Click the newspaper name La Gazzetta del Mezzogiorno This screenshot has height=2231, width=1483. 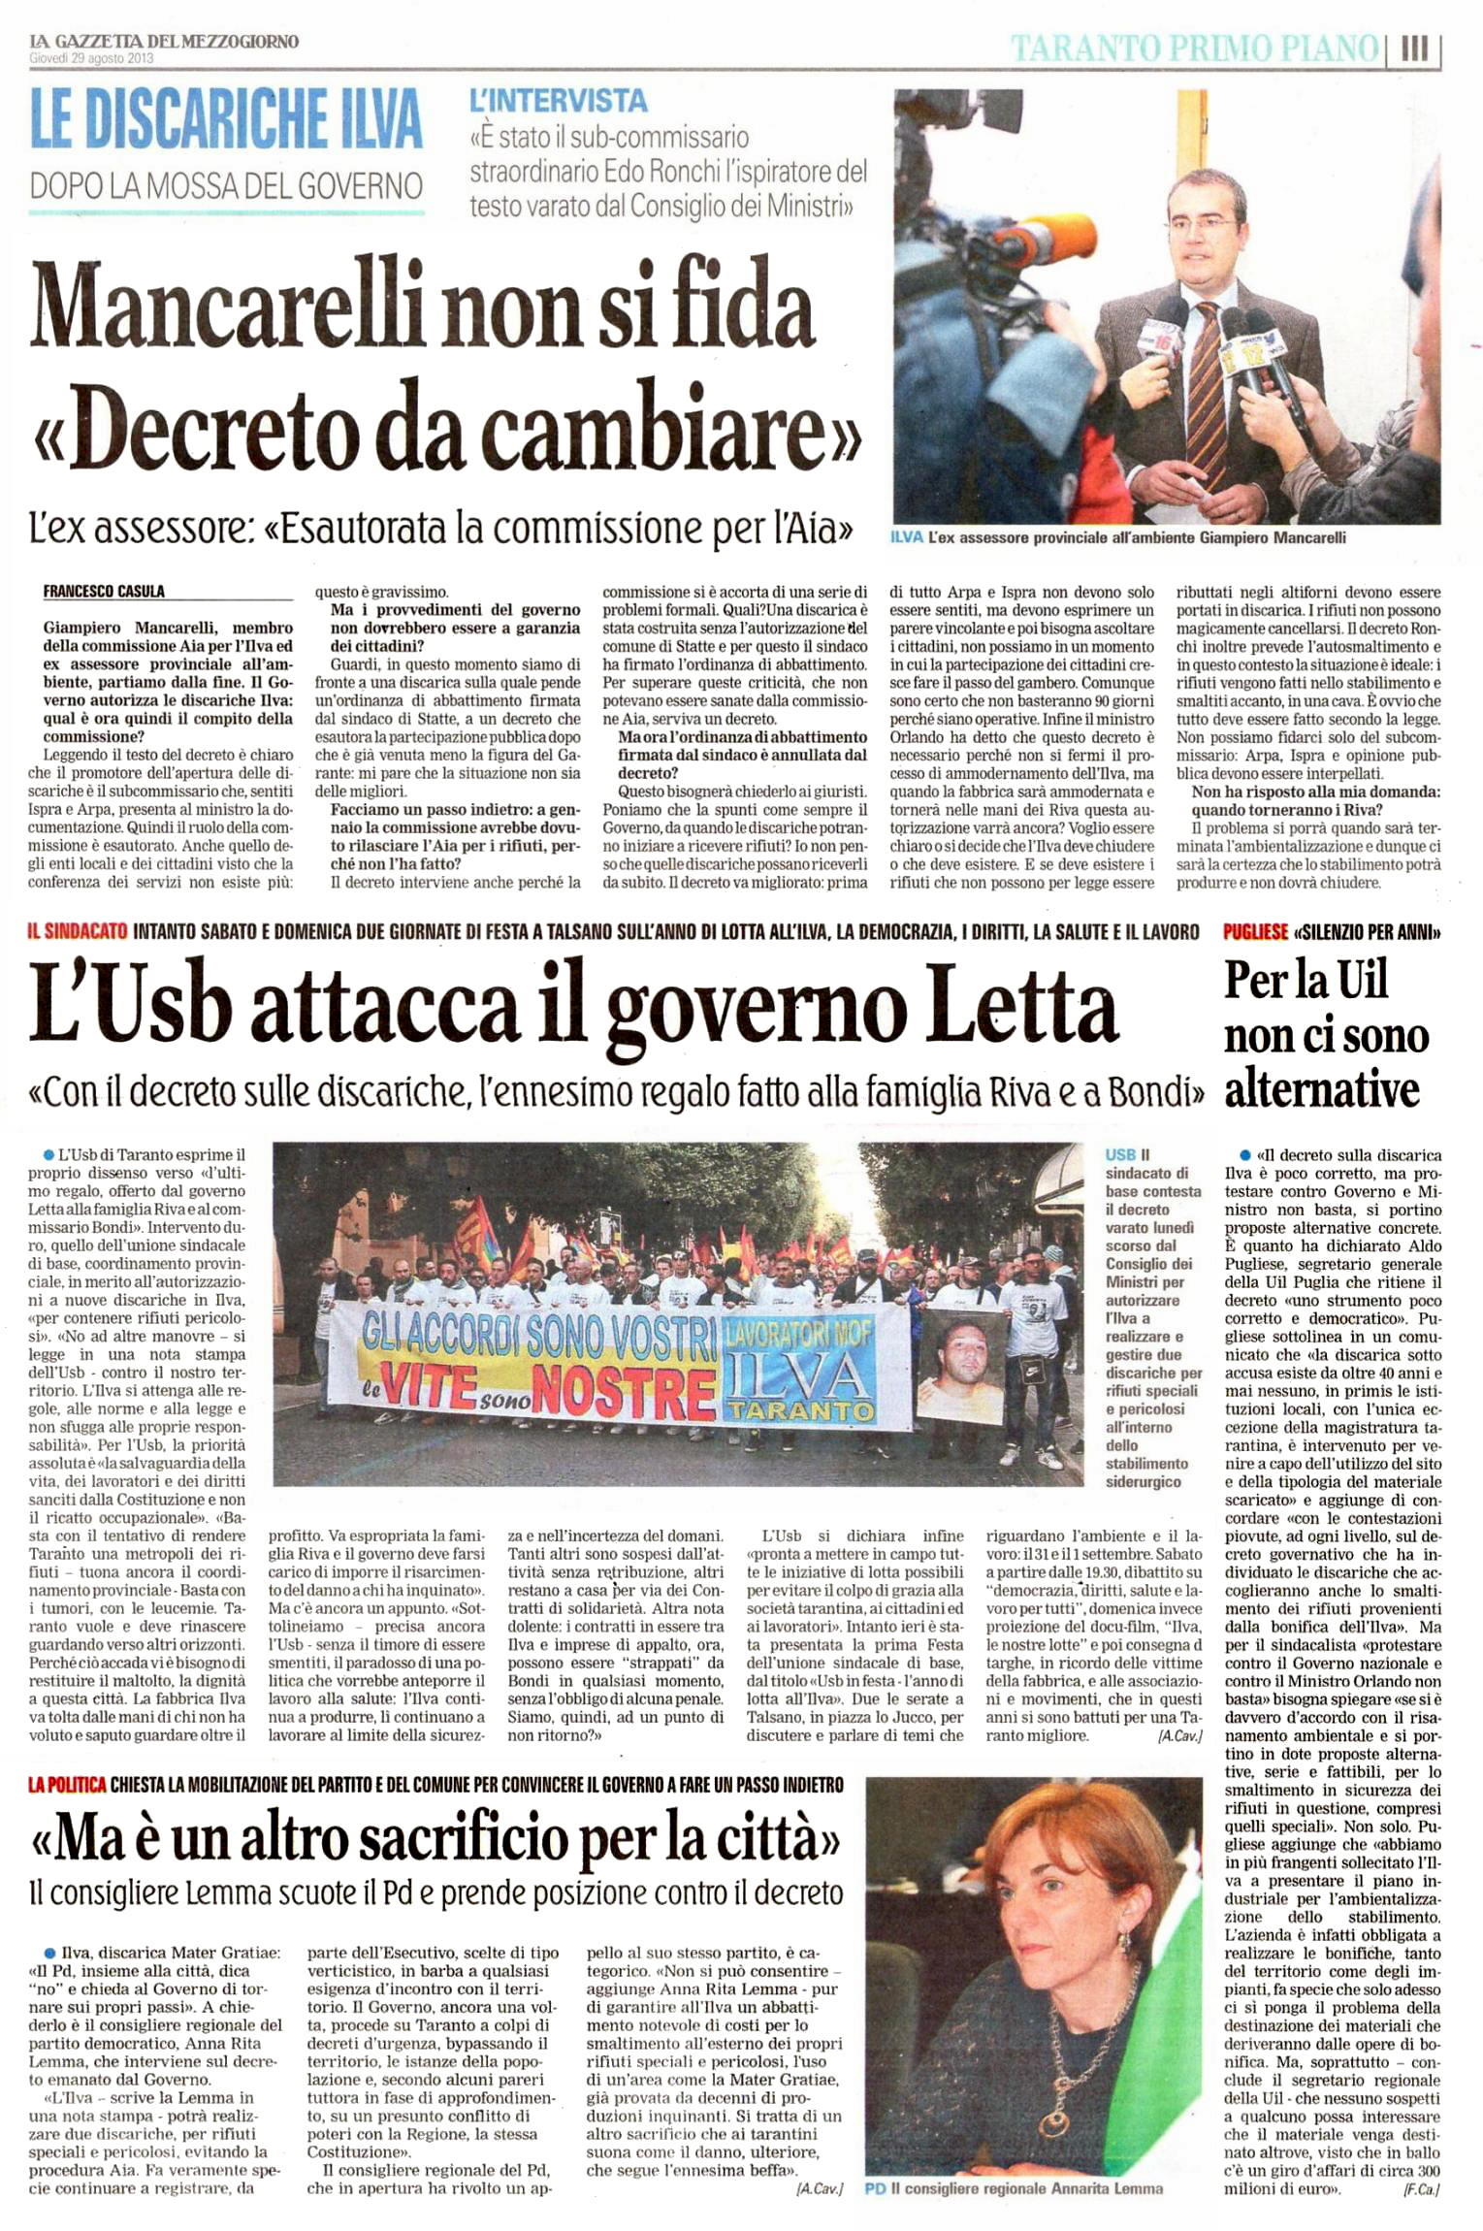tap(164, 41)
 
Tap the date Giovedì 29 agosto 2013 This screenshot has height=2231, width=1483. tap(91, 58)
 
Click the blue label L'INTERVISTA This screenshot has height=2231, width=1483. tap(558, 100)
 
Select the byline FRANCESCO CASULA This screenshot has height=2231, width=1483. tap(104, 591)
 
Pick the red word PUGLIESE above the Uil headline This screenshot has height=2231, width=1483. tap(1255, 932)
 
